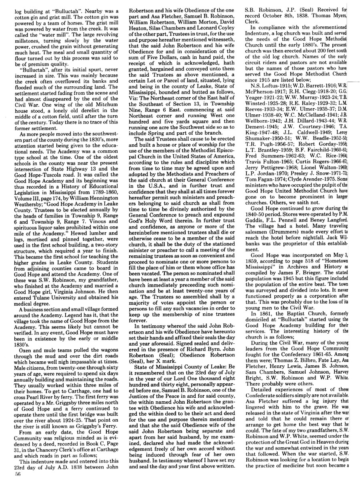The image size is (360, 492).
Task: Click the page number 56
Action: (x=17, y=484)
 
